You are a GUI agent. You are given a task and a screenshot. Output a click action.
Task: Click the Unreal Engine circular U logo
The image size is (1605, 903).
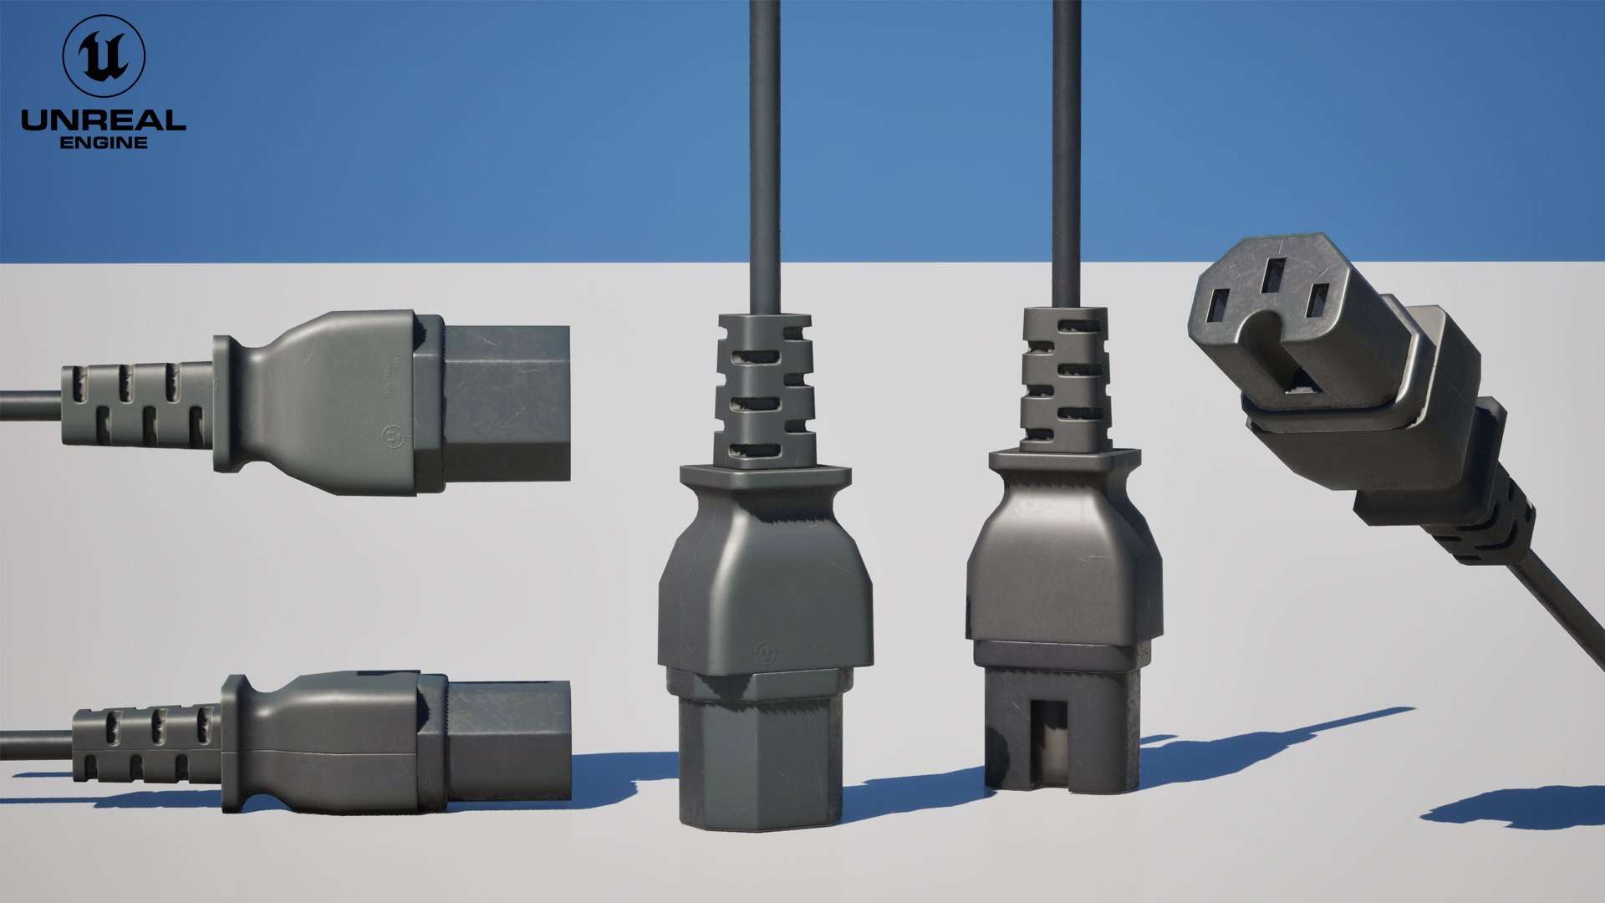[104, 56]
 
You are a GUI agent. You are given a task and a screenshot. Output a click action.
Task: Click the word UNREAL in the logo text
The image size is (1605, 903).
[103, 120]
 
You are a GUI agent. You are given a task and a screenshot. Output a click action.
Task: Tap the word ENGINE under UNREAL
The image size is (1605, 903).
[104, 143]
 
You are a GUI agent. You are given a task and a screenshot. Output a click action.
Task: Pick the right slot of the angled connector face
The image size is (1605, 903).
[1317, 301]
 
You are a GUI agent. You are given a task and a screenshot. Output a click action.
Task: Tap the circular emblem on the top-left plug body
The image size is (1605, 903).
[391, 436]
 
